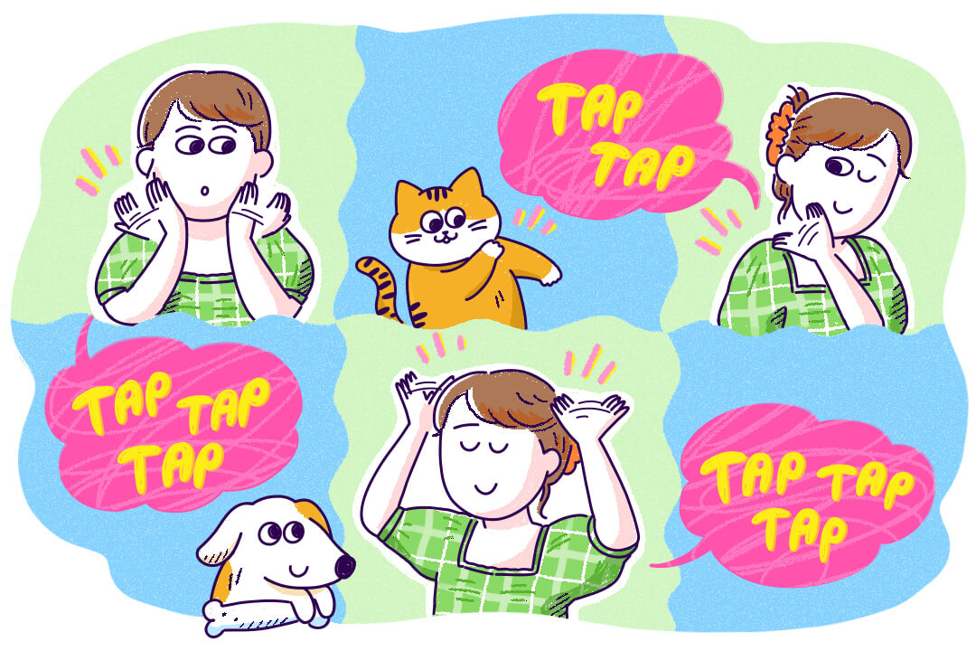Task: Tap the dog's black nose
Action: pyautogui.click(x=344, y=566)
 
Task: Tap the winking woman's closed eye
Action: pyautogui.click(x=871, y=176)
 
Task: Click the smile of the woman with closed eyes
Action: pyautogui.click(x=484, y=486)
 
